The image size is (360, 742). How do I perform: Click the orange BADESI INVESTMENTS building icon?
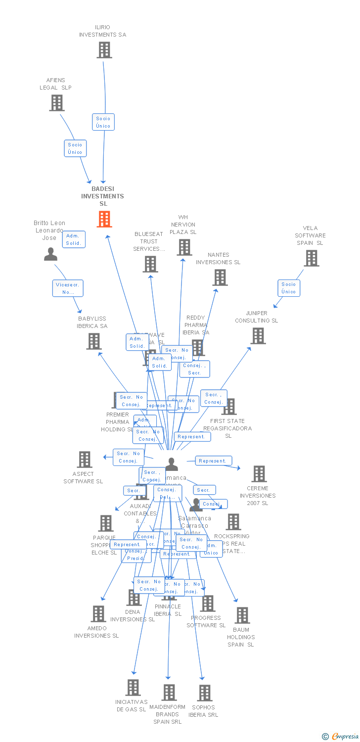coord(104,219)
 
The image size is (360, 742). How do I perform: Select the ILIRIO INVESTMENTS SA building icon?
coord(104,50)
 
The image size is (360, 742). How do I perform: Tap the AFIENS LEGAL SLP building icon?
coord(57,103)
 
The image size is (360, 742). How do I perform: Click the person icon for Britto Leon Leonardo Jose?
coord(50,254)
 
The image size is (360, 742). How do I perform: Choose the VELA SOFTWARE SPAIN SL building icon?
coord(311,258)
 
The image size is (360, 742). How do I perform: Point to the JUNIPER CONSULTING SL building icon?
coord(258,336)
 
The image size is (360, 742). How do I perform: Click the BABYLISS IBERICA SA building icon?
coord(94,341)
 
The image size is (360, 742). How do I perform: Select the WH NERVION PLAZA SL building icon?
coord(184,247)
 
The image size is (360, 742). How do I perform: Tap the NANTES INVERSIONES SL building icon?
coord(220,278)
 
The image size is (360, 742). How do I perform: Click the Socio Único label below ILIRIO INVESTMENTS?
coord(103,122)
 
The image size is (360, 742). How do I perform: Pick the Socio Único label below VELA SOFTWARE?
coord(289,288)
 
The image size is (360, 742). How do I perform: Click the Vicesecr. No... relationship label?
coord(68,288)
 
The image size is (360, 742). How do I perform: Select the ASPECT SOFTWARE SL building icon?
coord(85,460)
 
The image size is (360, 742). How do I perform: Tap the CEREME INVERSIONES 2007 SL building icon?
coord(259,474)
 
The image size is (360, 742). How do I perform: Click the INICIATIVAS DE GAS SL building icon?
coord(133,687)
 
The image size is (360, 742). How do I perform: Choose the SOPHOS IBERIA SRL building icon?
coord(204,693)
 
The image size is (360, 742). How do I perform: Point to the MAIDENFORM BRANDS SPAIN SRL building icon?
coord(169,692)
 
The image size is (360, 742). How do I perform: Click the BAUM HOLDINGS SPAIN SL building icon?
coord(242,615)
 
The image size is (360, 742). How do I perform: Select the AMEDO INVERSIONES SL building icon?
coord(98,614)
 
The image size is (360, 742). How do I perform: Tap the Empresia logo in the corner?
coord(341,737)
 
